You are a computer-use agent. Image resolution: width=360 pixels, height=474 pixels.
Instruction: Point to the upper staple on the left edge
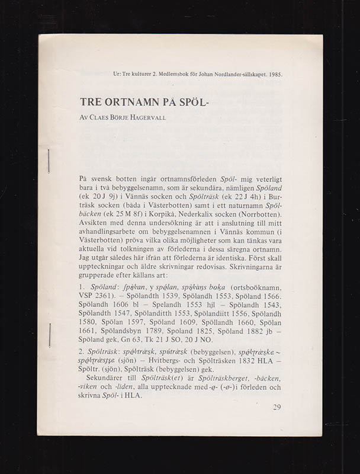tap(49, 161)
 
